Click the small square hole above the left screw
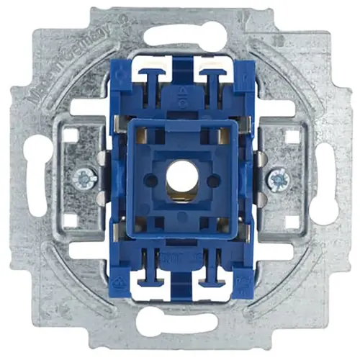click(x=70, y=134)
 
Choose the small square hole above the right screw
click(x=291, y=135)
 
